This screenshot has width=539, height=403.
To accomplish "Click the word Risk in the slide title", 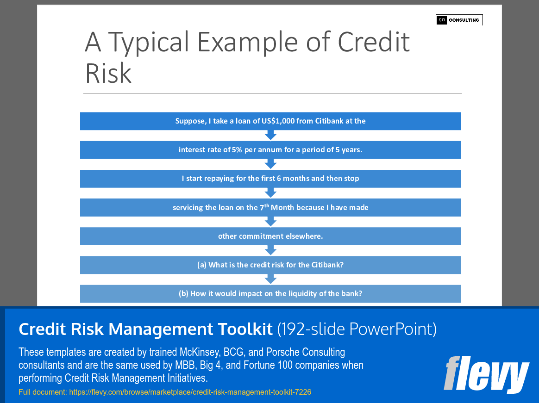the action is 108,73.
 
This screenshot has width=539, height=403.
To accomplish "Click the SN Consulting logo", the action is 459,20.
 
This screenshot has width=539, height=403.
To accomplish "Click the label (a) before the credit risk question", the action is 201,265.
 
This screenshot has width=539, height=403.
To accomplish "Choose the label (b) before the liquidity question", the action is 183,294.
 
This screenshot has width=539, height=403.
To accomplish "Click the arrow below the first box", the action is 270,135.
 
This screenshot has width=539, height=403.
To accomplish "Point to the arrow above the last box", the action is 270,279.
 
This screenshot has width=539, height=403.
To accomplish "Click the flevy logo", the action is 486,375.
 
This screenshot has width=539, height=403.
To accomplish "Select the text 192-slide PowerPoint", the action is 357,329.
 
